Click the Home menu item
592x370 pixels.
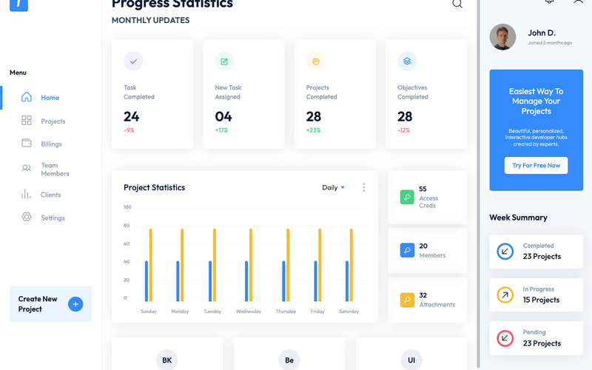50,98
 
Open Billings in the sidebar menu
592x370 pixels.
51,144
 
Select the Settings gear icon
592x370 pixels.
27,218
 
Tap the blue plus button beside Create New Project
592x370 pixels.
75,304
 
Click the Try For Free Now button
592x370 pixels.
536,166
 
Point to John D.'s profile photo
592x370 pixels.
502,37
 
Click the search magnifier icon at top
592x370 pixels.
457,4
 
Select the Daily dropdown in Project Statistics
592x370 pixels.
333,188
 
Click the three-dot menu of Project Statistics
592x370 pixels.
363,188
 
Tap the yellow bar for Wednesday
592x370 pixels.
251,264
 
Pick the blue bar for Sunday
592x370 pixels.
147,280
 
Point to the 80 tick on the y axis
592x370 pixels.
127,226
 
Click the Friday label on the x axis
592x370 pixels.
317,312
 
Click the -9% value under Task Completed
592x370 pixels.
129,130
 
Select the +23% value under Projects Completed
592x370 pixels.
313,130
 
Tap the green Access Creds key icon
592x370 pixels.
407,198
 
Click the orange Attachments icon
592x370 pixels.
407,300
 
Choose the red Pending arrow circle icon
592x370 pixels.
505,338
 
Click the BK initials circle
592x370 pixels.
167,360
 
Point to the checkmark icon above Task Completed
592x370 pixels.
133,61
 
